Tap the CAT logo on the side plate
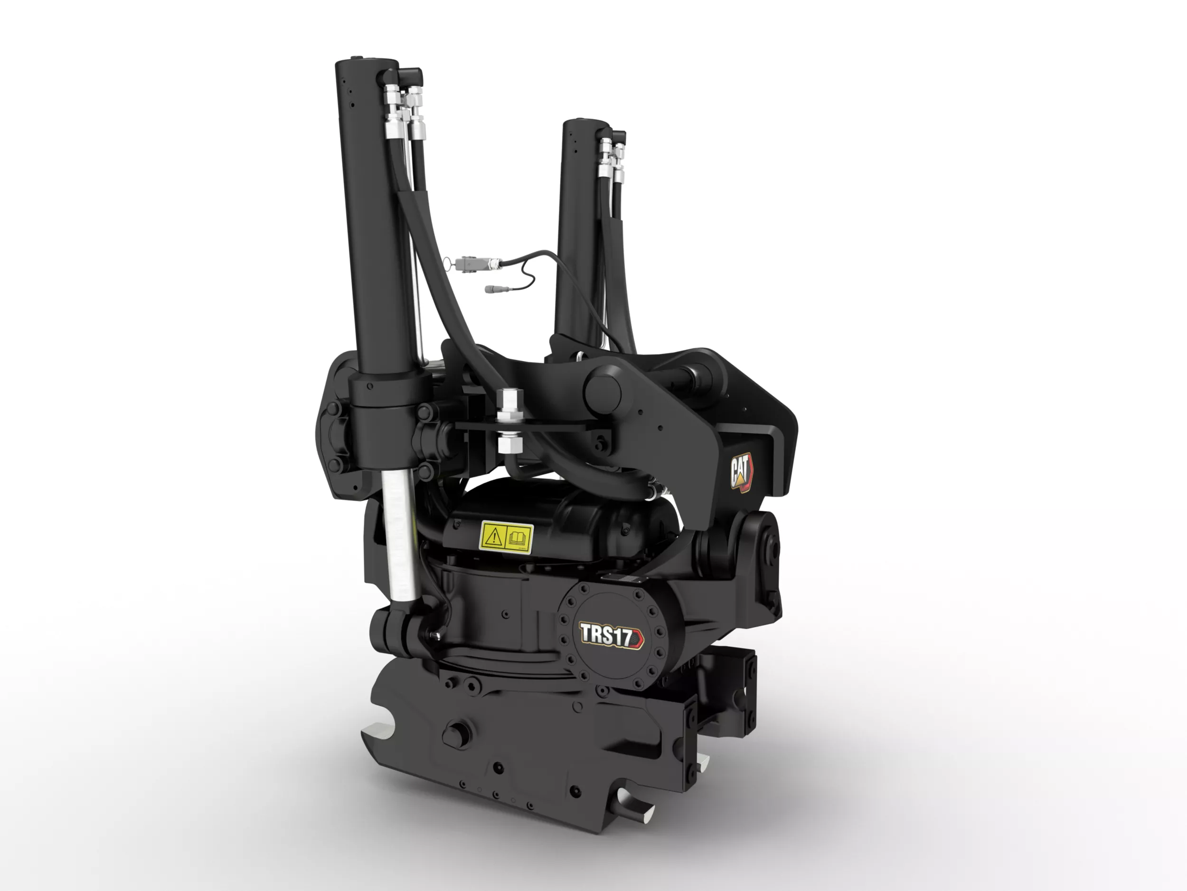tap(742, 472)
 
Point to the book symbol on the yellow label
tap(518, 537)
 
